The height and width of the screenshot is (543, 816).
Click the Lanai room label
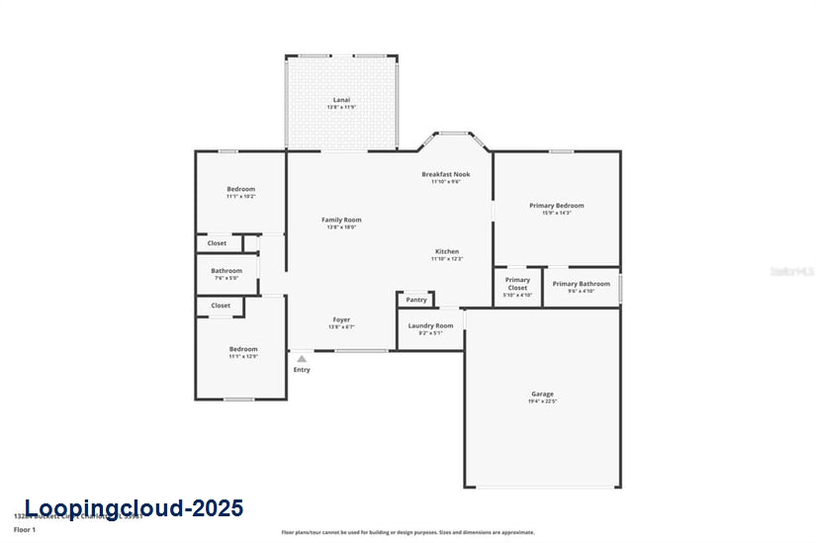[x=340, y=101]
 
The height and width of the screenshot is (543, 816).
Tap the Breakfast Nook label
[x=446, y=174]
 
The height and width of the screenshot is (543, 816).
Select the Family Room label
[x=341, y=220]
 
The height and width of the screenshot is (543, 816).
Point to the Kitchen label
[x=447, y=251]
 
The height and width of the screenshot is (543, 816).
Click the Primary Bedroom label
[x=556, y=206]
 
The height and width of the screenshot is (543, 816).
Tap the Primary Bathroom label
[x=581, y=284]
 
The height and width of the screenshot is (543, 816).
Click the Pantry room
[x=416, y=300]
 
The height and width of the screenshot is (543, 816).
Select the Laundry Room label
[x=430, y=325]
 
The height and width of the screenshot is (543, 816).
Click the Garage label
[x=542, y=394]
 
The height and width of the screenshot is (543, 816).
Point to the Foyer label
[x=341, y=319]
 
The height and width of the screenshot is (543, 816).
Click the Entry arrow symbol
[x=302, y=359]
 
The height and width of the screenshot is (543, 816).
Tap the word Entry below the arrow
[x=302, y=370]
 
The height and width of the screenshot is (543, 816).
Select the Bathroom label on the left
[x=227, y=270]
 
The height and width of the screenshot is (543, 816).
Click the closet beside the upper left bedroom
[x=217, y=242]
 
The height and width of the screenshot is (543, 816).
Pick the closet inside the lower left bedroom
[x=221, y=306]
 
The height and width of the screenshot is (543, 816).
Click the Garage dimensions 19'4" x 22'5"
[x=542, y=402]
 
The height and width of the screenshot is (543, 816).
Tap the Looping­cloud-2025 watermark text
[x=134, y=508]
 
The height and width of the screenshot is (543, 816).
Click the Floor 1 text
[x=25, y=530]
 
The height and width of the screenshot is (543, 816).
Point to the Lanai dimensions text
[x=340, y=108]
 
